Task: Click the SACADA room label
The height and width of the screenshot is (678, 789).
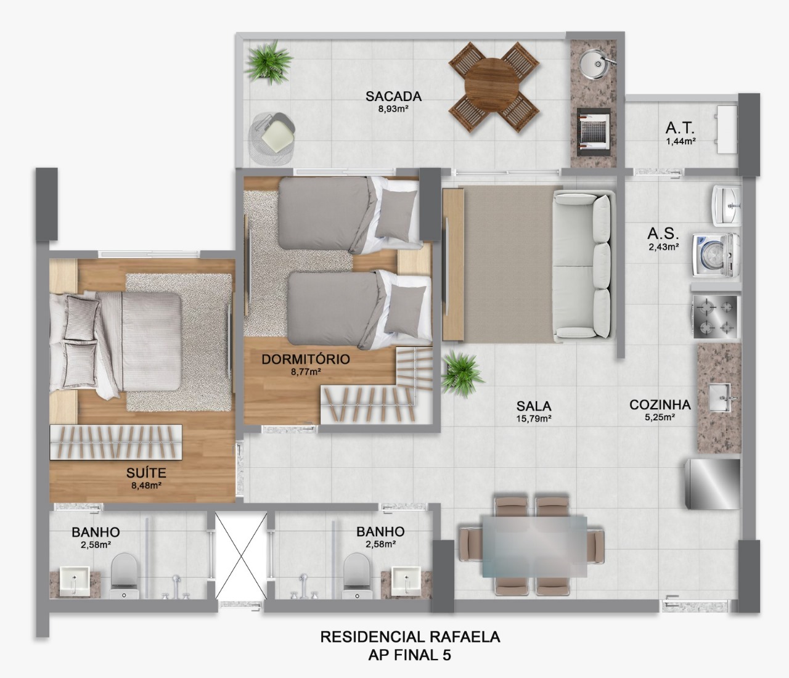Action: (393, 96)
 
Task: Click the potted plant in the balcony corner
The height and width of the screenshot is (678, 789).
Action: (267, 61)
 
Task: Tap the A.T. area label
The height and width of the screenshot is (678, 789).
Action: (680, 128)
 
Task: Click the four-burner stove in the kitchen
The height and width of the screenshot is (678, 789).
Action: (715, 317)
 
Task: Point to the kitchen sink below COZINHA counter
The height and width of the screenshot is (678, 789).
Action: (719, 398)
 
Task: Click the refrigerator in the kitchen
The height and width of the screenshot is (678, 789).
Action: (713, 483)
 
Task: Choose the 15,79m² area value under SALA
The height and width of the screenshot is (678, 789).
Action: (533, 419)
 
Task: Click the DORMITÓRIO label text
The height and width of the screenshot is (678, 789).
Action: (305, 359)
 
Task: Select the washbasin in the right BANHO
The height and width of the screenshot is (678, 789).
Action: (404, 582)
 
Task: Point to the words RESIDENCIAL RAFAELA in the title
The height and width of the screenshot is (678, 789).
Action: (410, 637)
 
